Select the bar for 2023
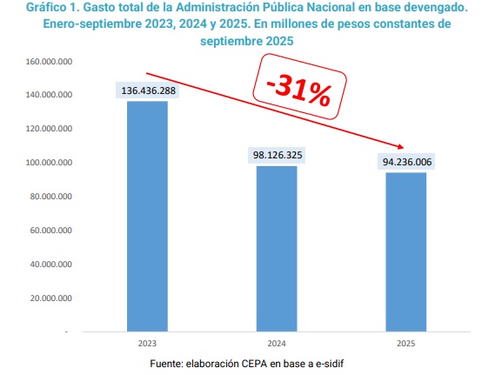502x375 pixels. [x=147, y=216]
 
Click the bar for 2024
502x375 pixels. [x=277, y=248]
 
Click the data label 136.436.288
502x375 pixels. [x=147, y=90]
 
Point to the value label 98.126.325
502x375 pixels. [x=278, y=155]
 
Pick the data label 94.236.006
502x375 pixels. [x=407, y=162]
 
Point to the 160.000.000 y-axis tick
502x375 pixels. [x=49, y=62]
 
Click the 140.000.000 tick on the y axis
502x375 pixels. [x=49, y=95]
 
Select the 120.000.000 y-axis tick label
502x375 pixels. [x=49, y=129]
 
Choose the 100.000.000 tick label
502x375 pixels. [x=49, y=163]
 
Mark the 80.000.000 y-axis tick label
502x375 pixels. [x=50, y=197]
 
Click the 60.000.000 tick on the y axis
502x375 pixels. [x=50, y=231]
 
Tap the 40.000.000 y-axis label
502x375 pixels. [x=50, y=265]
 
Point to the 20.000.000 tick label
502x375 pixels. [x=50, y=298]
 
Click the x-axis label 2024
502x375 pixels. [x=277, y=343]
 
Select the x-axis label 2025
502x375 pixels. [x=406, y=343]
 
